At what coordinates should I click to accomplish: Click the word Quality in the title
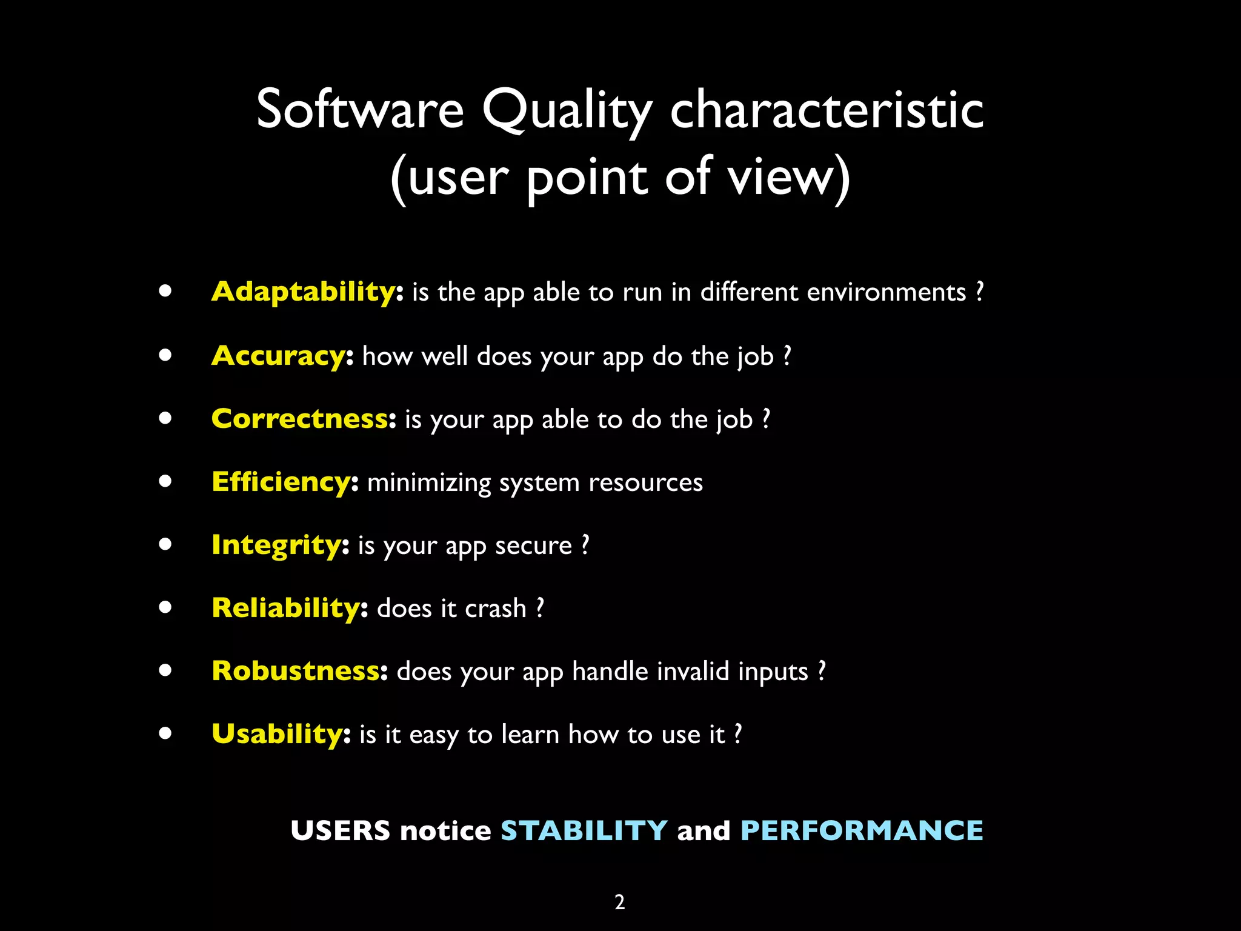coord(567,111)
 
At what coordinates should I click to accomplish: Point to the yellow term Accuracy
coord(278,356)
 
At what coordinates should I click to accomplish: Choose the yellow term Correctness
coord(300,419)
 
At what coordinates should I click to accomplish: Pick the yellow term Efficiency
coord(281,482)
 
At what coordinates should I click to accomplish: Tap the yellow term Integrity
coord(277,546)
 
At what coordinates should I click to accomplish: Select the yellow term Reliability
coord(286,608)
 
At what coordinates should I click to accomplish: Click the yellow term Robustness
coord(296,671)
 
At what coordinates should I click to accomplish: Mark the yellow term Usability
coord(277,734)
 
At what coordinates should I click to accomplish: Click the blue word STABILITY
coord(584,830)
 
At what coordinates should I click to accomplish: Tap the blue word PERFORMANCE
coord(862,830)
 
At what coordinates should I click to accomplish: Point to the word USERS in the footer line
coord(341,830)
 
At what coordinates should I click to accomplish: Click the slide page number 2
coord(620,903)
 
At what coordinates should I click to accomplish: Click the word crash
coord(496,609)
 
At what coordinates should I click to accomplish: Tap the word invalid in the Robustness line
coord(693,672)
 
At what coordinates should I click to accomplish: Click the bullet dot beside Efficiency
coord(165,481)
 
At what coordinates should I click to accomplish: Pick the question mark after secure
coord(585,545)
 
